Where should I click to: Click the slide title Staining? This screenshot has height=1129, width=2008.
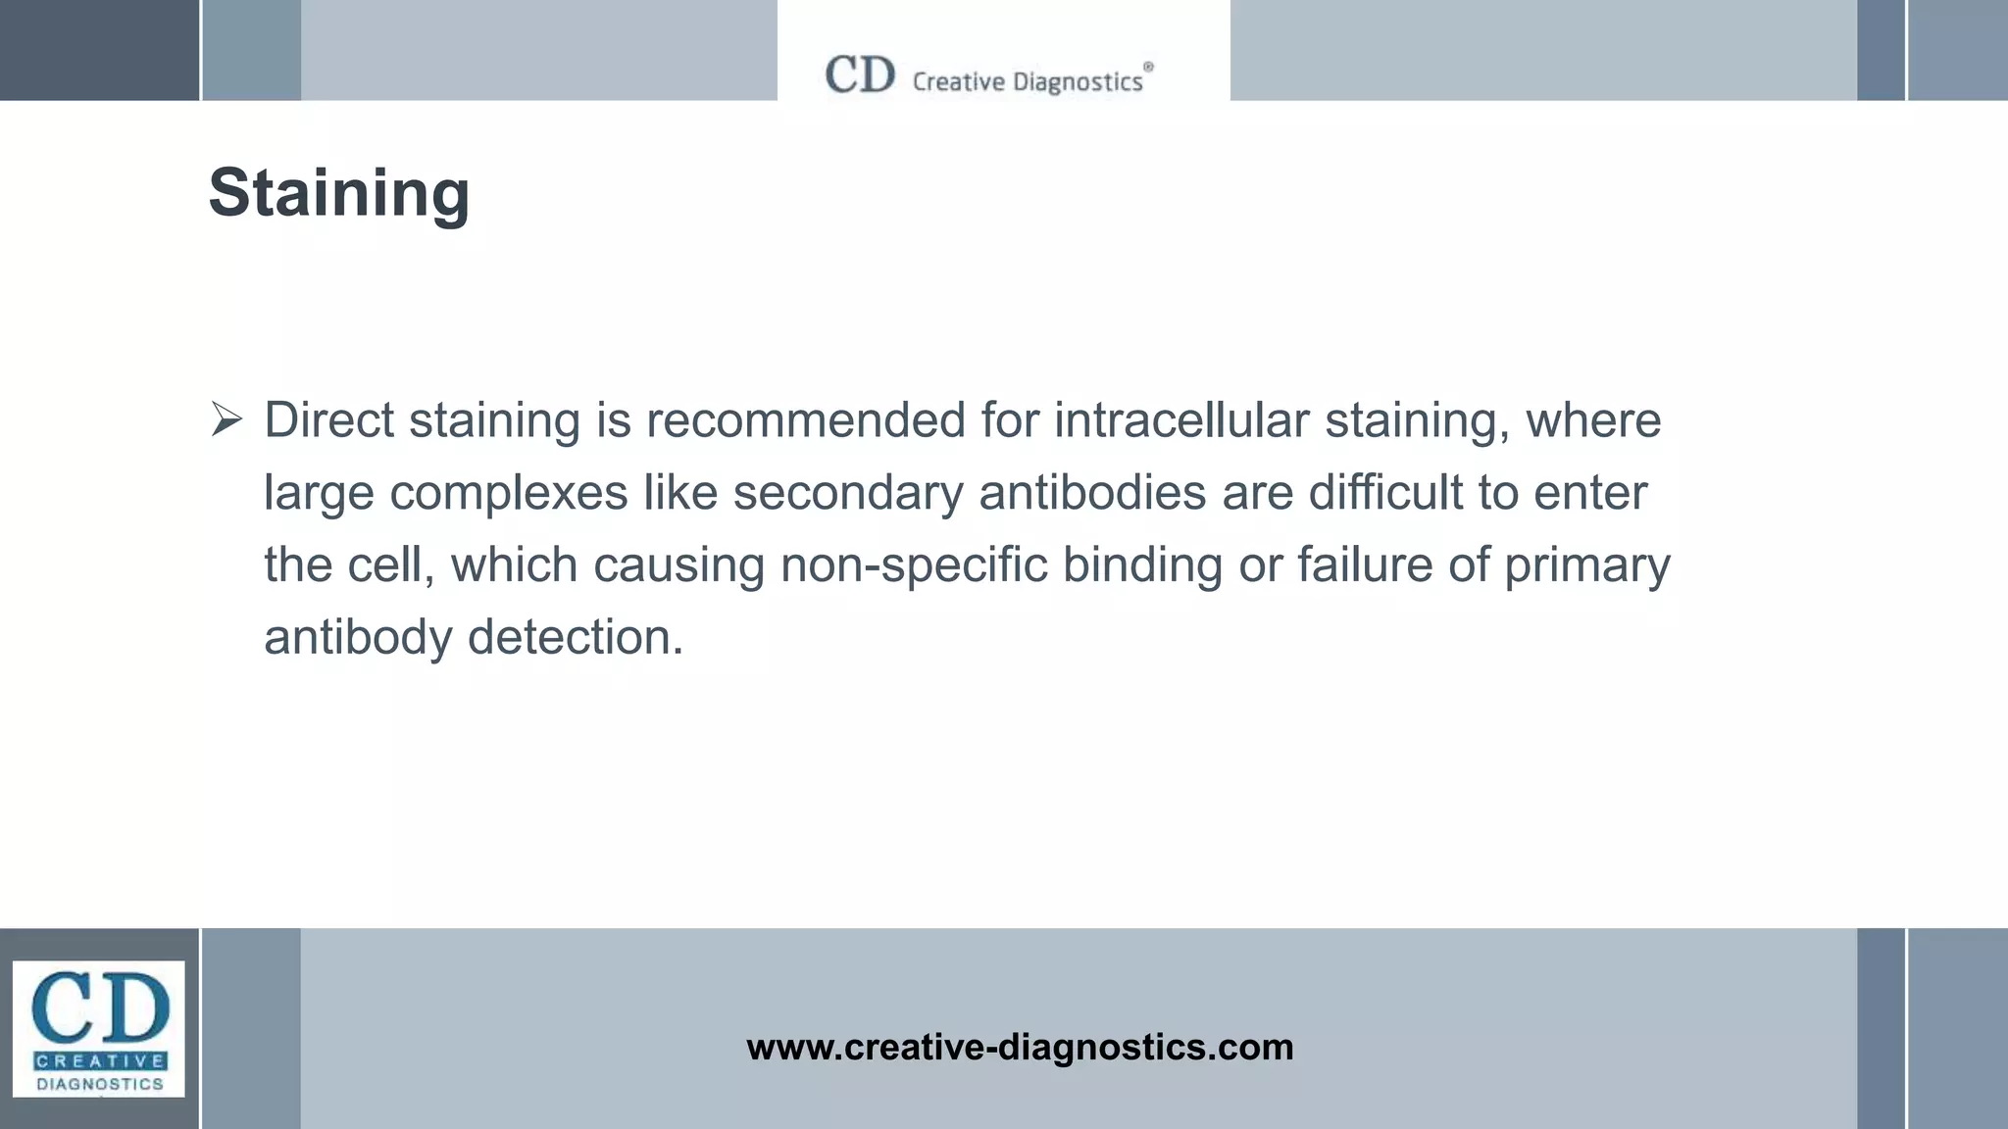click(x=339, y=193)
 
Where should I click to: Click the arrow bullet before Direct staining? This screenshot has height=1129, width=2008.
click(x=226, y=420)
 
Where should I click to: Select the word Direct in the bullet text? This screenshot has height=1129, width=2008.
click(x=328, y=420)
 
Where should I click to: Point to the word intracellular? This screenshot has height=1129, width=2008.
click(x=1181, y=420)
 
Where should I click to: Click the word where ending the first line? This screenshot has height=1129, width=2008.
click(x=1593, y=420)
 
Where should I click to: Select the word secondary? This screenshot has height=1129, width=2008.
click(x=848, y=493)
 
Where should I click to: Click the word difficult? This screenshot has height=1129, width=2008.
click(x=1385, y=493)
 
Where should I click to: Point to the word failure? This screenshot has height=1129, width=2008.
click(x=1365, y=565)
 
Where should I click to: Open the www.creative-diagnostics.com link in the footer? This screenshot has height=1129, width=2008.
click(x=1020, y=1048)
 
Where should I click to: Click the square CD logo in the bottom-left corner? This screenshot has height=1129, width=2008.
click(x=98, y=1028)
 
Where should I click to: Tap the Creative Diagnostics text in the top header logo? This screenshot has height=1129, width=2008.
click(x=1028, y=81)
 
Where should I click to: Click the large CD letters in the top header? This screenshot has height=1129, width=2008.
click(x=860, y=74)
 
